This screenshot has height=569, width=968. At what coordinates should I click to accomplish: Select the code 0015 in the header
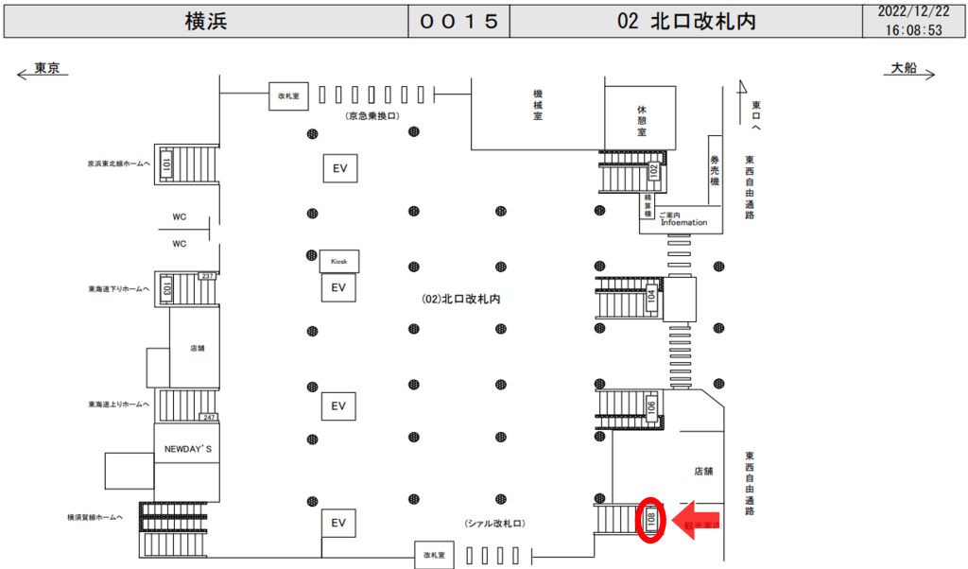458,22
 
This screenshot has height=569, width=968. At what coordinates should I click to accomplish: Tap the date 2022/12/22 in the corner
913,11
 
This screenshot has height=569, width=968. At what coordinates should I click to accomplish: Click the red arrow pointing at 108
695,520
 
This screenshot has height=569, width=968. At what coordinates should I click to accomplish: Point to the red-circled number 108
650,519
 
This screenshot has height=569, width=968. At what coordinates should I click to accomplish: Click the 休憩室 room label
641,121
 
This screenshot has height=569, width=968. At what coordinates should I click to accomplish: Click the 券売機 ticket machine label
716,169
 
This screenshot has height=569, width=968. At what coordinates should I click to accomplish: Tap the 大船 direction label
904,68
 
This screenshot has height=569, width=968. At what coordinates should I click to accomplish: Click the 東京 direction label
47,68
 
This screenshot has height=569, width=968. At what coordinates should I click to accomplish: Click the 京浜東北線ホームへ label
117,164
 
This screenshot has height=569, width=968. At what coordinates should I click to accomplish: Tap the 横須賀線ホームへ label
95,517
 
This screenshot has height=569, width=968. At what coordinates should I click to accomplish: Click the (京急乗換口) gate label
373,115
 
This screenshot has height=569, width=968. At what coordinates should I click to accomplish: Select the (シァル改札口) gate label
493,523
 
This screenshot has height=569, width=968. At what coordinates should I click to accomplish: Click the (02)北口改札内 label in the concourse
460,299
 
